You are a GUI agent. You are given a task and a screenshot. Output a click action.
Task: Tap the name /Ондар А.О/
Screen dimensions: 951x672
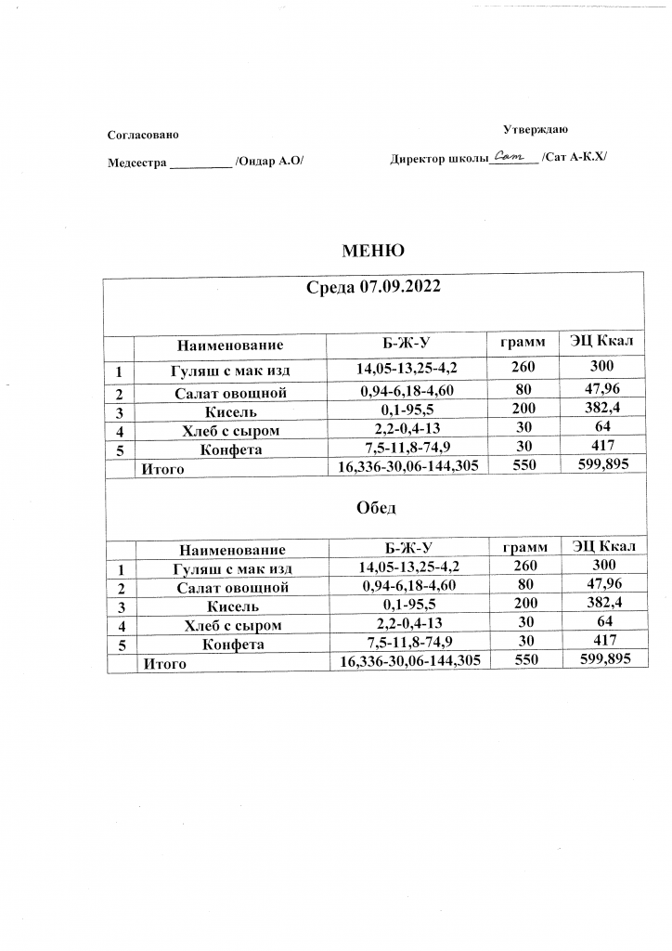(x=269, y=162)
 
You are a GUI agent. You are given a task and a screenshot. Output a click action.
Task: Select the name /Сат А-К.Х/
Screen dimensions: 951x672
(x=575, y=158)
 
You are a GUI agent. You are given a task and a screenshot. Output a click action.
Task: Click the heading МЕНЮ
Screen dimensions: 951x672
(x=372, y=251)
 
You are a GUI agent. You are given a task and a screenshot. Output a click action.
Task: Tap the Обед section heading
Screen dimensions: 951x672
(x=376, y=508)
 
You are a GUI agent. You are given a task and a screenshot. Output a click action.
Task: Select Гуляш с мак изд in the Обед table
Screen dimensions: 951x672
(x=233, y=568)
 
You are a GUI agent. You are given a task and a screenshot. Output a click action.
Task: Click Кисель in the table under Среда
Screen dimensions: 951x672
(x=231, y=411)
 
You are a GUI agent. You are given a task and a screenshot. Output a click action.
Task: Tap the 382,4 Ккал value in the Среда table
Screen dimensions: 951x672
(x=602, y=409)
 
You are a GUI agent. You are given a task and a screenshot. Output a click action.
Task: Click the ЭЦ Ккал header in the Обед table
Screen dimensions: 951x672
(x=604, y=545)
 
